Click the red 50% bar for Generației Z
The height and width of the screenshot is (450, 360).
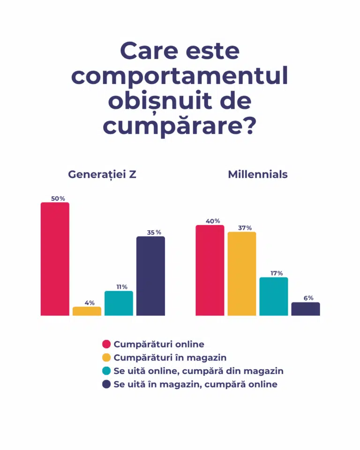click(55, 259)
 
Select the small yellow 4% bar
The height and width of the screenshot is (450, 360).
click(87, 311)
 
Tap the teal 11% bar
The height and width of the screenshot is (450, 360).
click(119, 303)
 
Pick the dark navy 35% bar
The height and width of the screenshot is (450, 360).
click(150, 276)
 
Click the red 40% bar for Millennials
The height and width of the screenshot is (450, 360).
click(210, 270)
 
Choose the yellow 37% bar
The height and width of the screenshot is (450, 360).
click(242, 274)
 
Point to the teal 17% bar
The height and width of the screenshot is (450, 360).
click(274, 296)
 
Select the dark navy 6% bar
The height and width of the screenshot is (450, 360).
click(306, 309)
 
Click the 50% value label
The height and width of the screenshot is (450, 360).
click(55, 199)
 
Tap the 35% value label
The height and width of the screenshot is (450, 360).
click(150, 232)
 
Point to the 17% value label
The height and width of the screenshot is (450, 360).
click(274, 273)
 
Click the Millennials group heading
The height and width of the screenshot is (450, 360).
click(258, 175)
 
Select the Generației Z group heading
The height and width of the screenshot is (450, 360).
click(102, 175)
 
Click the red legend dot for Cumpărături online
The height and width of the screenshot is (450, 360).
click(106, 345)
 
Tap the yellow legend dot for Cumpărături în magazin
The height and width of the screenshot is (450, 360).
click(106, 358)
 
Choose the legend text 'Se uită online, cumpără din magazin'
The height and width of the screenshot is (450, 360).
click(198, 371)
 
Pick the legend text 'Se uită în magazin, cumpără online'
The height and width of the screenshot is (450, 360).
click(195, 384)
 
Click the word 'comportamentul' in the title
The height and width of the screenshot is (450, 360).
click(180, 77)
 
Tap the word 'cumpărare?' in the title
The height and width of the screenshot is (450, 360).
click(180, 127)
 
